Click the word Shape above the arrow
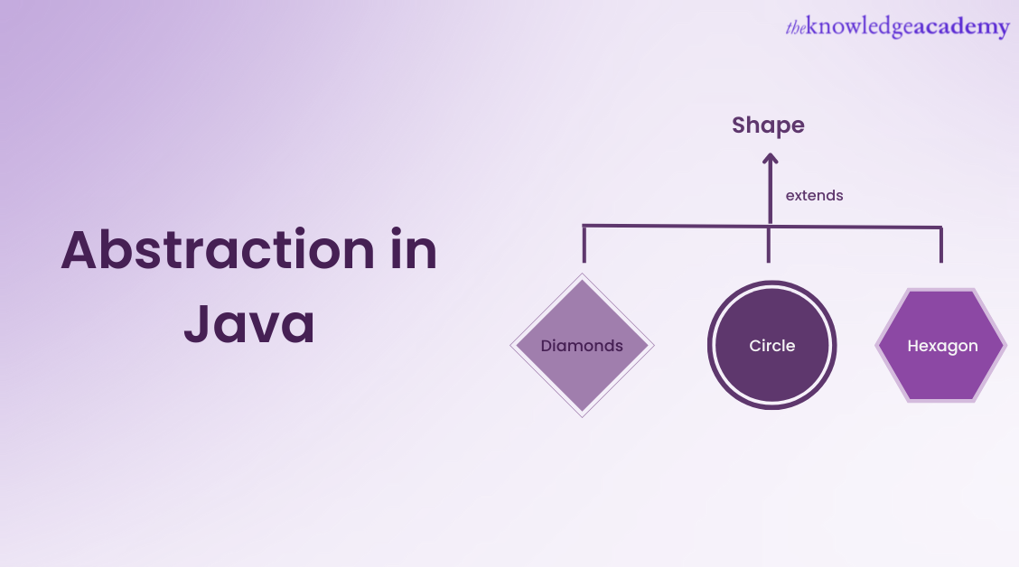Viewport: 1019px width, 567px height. (x=768, y=125)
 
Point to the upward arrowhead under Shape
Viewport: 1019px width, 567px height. (x=770, y=159)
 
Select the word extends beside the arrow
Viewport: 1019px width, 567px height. (x=814, y=195)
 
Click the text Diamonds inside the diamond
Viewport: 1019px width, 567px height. (x=582, y=346)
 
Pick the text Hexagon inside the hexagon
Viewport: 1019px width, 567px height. (x=942, y=346)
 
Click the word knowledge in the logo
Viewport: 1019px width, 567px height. (x=849, y=28)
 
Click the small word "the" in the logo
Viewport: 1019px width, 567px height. (x=795, y=29)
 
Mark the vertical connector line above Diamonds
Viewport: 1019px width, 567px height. (x=584, y=244)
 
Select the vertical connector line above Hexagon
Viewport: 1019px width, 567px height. (x=941, y=244)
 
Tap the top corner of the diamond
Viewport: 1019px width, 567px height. (x=583, y=276)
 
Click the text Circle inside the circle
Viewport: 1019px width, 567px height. (x=771, y=346)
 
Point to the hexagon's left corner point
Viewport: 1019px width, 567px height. (x=877, y=345)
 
